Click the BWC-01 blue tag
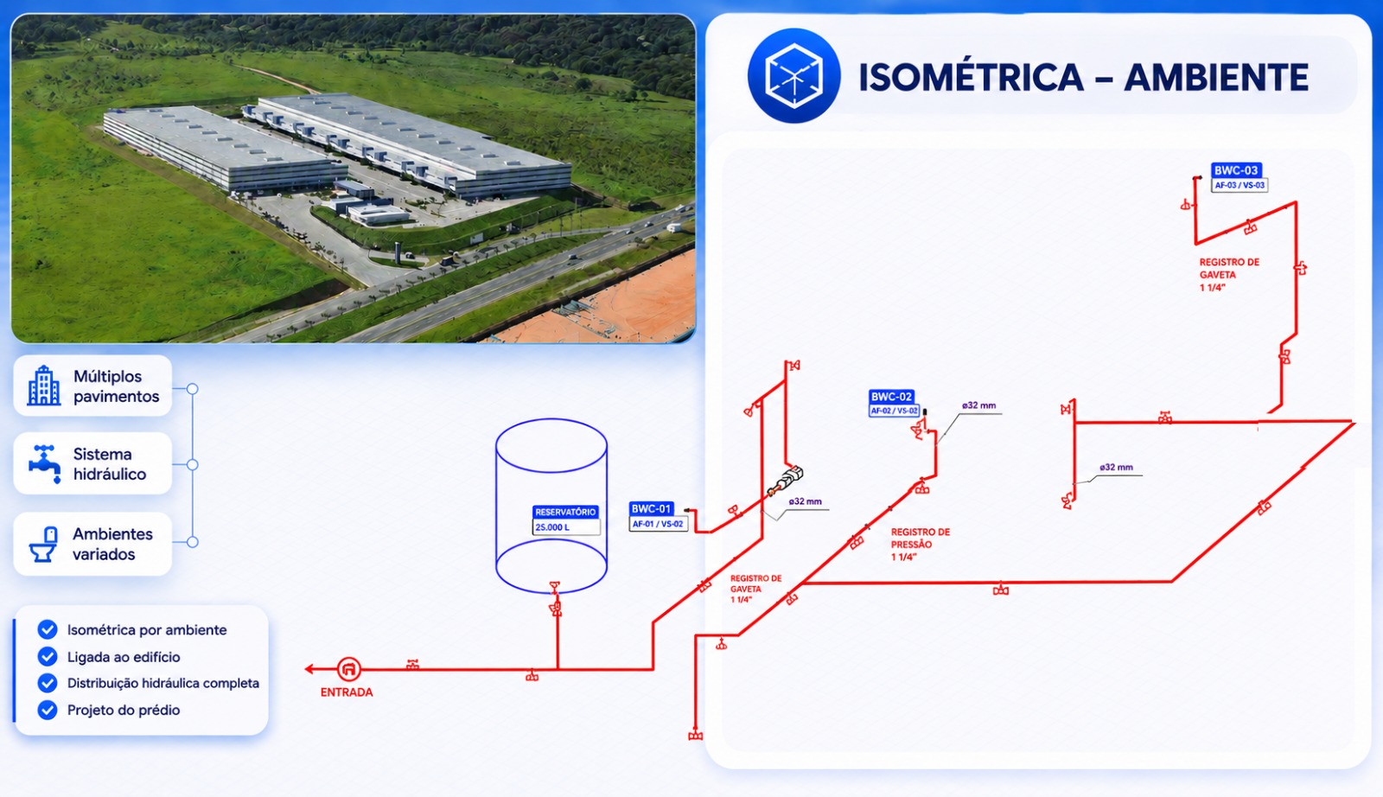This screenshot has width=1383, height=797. click(651, 508)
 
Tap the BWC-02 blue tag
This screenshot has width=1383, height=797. click(891, 397)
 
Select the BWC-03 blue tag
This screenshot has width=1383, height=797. click(1235, 170)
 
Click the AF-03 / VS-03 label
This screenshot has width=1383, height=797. click(1240, 185)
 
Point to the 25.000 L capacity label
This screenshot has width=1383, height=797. click(552, 527)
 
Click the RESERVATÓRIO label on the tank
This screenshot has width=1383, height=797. click(565, 512)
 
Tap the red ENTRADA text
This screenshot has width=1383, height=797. click(347, 692)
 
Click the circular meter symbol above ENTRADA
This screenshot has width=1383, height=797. click(349, 669)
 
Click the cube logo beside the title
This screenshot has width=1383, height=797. click(793, 76)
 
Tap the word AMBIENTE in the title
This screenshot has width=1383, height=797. click(1216, 77)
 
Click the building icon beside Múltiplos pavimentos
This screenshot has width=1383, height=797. click(44, 386)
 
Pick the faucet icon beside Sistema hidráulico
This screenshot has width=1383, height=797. click(44, 463)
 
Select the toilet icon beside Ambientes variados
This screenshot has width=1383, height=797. click(44, 544)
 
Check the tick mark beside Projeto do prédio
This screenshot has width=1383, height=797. click(48, 710)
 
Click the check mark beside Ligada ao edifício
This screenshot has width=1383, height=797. click(48, 656)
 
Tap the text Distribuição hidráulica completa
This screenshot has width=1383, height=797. click(163, 684)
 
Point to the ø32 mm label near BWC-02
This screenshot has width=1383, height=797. click(978, 405)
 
